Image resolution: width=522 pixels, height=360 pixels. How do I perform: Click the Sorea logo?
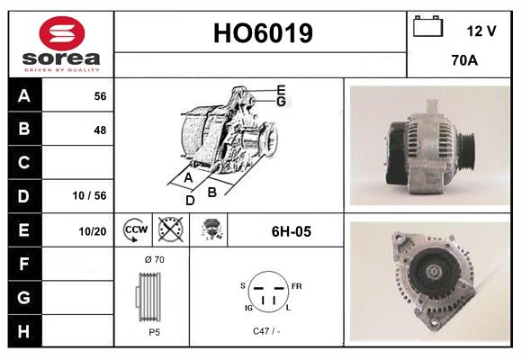pyautogui.click(x=60, y=44)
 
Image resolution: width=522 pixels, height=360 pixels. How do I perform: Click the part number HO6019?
pyautogui.click(x=262, y=34)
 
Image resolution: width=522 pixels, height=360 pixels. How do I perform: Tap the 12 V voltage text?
pyautogui.click(x=481, y=31)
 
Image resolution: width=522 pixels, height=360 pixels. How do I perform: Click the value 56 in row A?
pyautogui.click(x=99, y=95)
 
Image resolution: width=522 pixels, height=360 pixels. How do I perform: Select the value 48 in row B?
pyautogui.click(x=99, y=130)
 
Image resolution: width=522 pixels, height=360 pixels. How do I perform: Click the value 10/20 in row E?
pyautogui.click(x=93, y=231)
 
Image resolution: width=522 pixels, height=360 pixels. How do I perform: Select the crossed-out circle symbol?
pyautogui.click(x=169, y=231)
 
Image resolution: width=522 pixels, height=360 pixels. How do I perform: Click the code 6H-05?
pyautogui.click(x=291, y=231)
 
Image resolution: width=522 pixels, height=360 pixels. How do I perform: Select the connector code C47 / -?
pyautogui.click(x=266, y=332)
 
